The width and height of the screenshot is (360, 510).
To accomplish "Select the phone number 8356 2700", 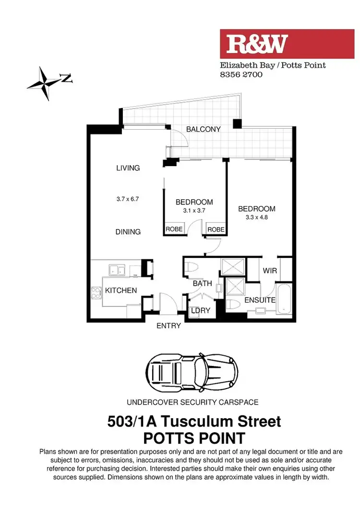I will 241,75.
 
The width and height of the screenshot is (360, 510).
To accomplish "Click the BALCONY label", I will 204,129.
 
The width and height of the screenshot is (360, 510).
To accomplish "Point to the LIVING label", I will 128,168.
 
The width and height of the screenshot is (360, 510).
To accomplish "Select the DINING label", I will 128,232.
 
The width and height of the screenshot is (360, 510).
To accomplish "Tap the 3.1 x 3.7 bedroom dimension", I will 194,210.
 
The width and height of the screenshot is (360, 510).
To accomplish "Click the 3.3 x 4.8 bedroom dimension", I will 257,217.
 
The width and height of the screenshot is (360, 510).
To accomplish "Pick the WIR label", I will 270,271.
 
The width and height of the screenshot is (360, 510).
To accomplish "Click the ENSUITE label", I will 260,300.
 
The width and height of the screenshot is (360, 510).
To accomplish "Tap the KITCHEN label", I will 121,291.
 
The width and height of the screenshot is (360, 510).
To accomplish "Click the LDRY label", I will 201,311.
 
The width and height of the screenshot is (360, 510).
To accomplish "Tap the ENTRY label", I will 168,326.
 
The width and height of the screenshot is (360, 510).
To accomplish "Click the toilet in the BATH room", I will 194,268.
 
